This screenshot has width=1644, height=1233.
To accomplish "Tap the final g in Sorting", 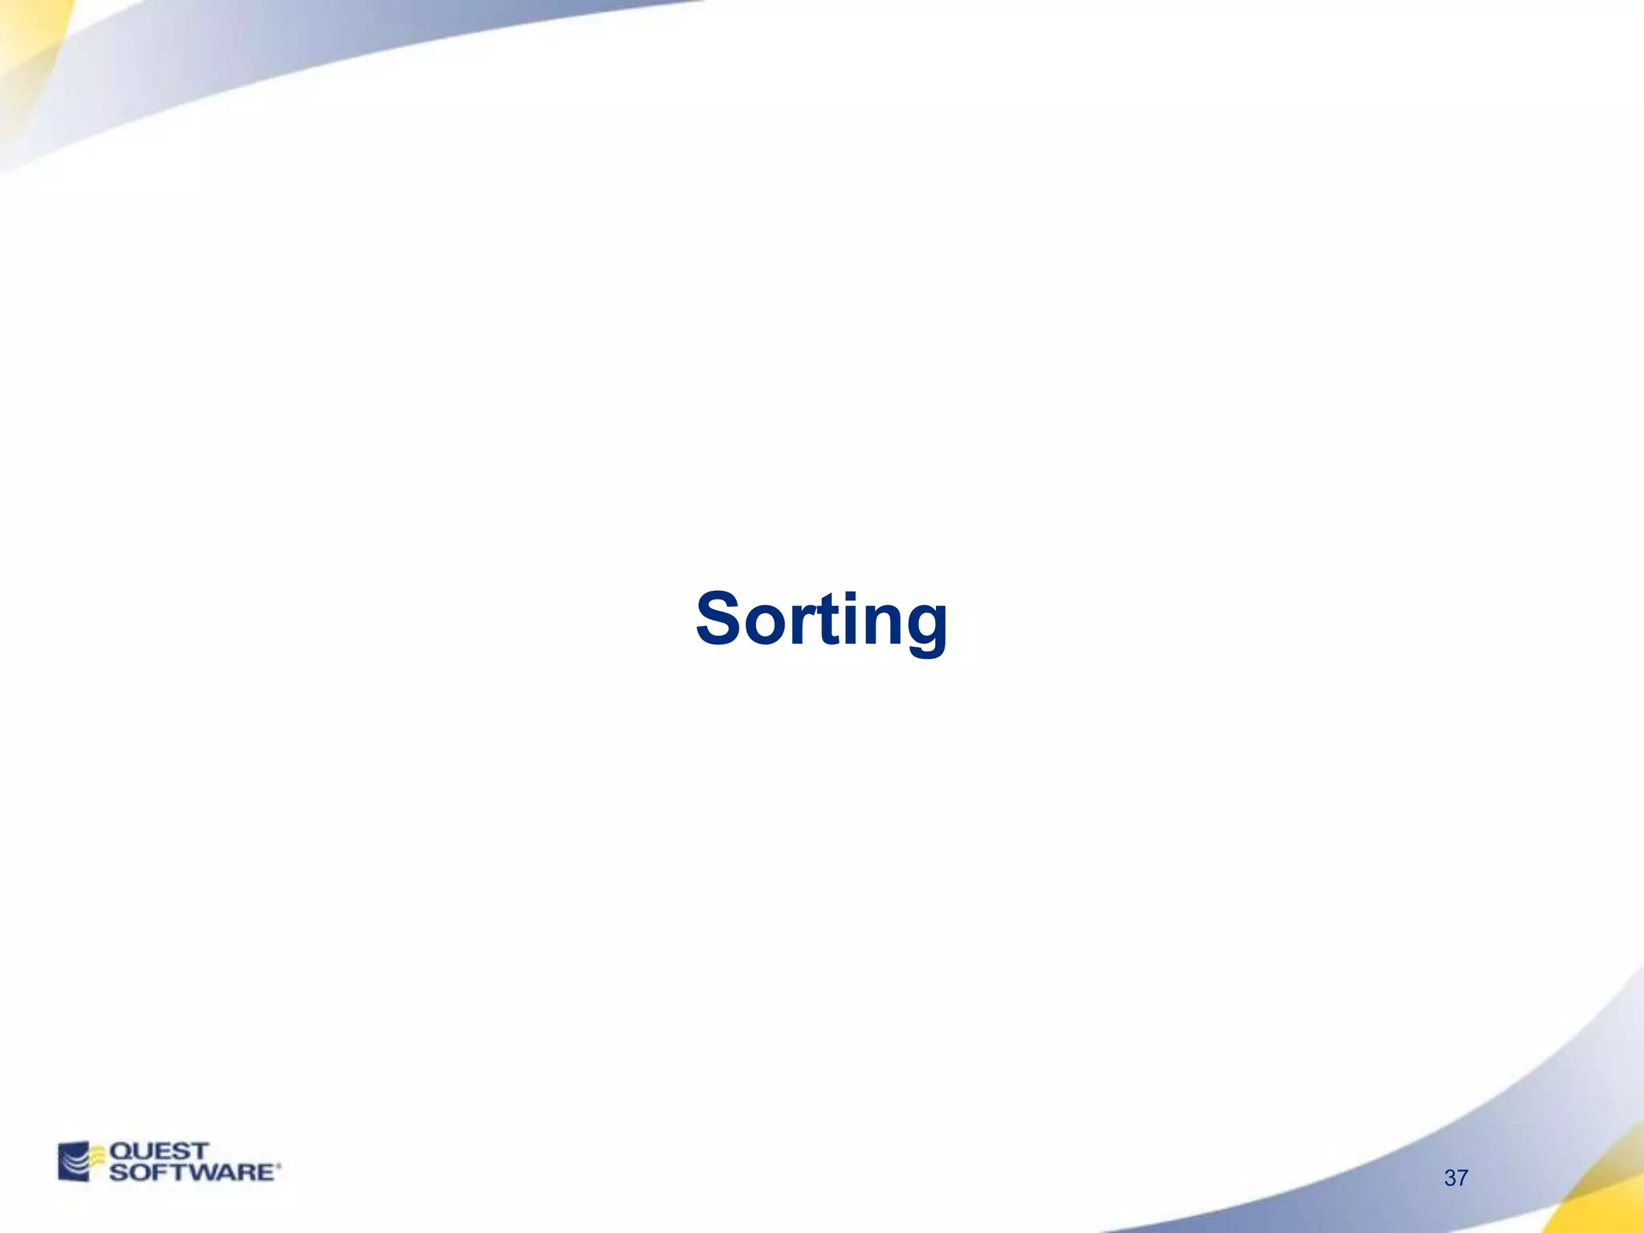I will (925, 629).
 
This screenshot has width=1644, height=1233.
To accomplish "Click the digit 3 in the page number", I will (1451, 1178).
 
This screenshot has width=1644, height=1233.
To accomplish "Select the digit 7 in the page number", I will (1463, 1178).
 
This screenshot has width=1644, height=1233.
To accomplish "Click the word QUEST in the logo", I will (158, 1151).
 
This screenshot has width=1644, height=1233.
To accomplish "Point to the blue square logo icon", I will (73, 1162).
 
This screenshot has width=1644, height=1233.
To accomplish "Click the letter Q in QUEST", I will (120, 1151).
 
